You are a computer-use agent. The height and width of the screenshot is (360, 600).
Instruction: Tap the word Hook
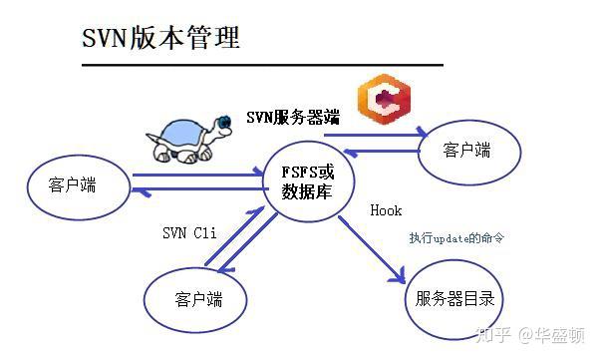click(385, 211)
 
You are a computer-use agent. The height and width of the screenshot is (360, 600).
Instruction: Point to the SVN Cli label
click(188, 235)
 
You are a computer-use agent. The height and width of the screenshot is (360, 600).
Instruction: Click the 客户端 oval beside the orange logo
click(467, 151)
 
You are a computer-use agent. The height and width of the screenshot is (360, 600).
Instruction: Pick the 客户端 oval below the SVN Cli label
click(197, 298)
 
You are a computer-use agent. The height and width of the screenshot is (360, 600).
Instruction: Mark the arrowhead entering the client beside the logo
click(424, 134)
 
